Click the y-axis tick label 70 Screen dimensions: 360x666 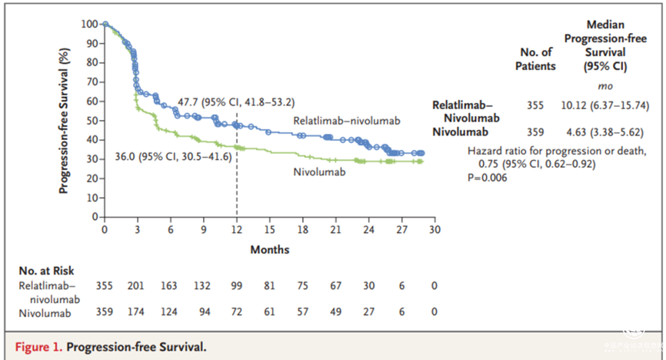pyautogui.click(x=92, y=82)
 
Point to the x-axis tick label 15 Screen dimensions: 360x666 pyautogui.click(x=268, y=230)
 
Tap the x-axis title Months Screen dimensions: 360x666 pyautogui.click(x=269, y=250)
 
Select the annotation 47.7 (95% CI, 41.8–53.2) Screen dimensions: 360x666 pyautogui.click(x=236, y=102)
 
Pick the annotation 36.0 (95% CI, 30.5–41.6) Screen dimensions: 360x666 pyautogui.click(x=173, y=157)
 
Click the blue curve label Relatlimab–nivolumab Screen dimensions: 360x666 pyautogui.click(x=347, y=121)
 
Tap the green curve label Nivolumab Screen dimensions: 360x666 pyautogui.click(x=319, y=171)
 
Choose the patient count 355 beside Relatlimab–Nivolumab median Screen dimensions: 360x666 pyautogui.click(x=535, y=105)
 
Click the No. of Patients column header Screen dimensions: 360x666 pyautogui.click(x=535, y=59)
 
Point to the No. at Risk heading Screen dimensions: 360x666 pyautogui.click(x=46, y=271)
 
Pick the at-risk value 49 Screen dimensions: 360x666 pyautogui.click(x=335, y=312)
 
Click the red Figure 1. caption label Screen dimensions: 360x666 pyautogui.click(x=39, y=347)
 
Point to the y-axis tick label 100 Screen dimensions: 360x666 pyautogui.click(x=89, y=24)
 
